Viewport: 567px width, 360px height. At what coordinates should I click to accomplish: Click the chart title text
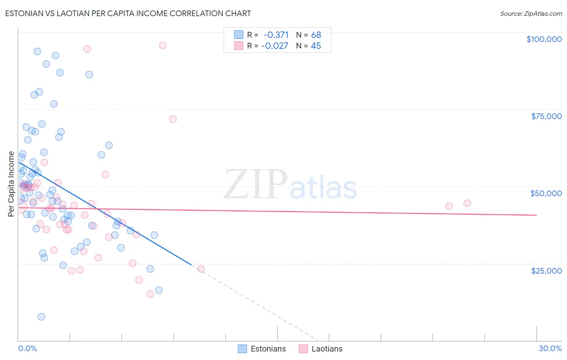(128, 13)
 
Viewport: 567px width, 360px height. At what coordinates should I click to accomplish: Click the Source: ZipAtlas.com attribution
(531, 13)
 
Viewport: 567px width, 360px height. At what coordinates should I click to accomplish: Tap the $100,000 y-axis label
(544, 39)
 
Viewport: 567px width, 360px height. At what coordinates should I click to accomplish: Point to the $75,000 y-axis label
(546, 116)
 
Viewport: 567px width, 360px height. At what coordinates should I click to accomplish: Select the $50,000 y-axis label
(546, 193)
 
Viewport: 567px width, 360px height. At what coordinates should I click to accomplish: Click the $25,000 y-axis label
(546, 270)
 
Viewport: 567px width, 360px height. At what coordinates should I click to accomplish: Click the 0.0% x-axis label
(27, 348)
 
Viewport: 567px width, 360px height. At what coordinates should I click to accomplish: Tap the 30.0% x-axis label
(550, 348)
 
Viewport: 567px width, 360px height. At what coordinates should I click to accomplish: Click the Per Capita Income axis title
(11, 184)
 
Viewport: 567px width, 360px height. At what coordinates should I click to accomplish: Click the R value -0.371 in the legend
(276, 35)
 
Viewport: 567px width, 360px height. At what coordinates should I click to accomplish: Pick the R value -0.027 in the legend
(275, 46)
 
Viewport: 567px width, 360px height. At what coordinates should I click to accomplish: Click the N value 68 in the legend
(316, 35)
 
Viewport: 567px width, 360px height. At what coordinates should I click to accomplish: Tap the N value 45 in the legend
(316, 46)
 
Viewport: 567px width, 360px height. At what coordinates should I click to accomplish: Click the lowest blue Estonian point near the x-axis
(41, 317)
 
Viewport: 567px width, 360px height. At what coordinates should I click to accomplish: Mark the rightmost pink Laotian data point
(467, 203)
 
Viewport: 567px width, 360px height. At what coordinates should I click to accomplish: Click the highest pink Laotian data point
(163, 45)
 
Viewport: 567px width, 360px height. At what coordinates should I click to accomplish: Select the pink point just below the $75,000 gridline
(173, 119)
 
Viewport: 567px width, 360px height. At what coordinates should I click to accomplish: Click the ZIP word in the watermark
(256, 184)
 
